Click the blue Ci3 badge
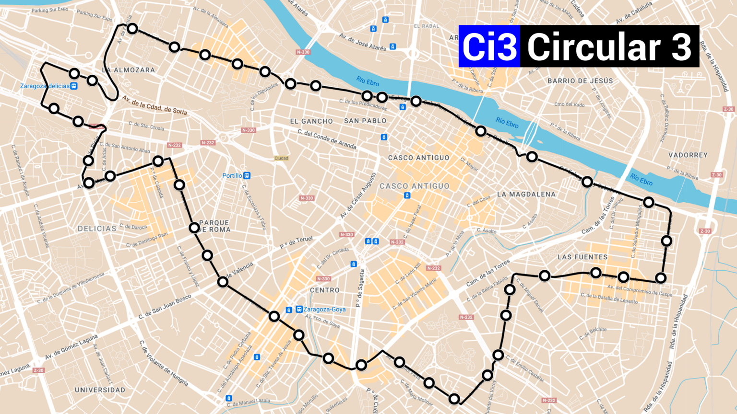click(489, 46)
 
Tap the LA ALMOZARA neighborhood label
click(129, 70)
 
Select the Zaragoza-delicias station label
click(45, 86)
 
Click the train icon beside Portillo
click(247, 176)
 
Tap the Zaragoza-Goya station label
click(324, 310)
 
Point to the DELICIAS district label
click(97, 229)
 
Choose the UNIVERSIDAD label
click(100, 390)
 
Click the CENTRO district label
click(325, 290)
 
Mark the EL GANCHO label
click(311, 121)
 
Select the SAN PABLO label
click(365, 121)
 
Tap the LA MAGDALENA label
click(526, 194)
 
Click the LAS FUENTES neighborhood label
click(582, 257)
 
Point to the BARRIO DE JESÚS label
click(580, 81)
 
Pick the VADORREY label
click(688, 155)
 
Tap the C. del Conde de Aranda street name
click(327, 139)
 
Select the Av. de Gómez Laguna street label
click(71, 347)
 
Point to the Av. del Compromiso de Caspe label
click(640, 290)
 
